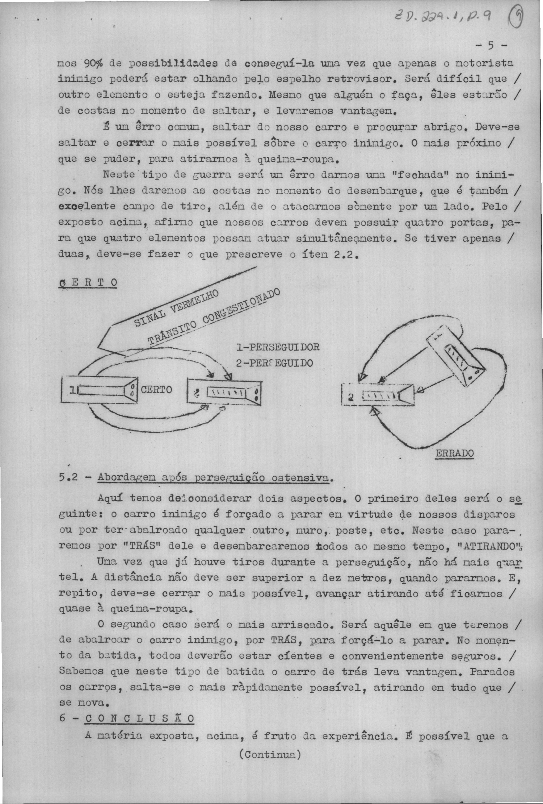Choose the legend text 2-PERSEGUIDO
click(275, 363)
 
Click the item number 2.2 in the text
click(342, 255)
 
